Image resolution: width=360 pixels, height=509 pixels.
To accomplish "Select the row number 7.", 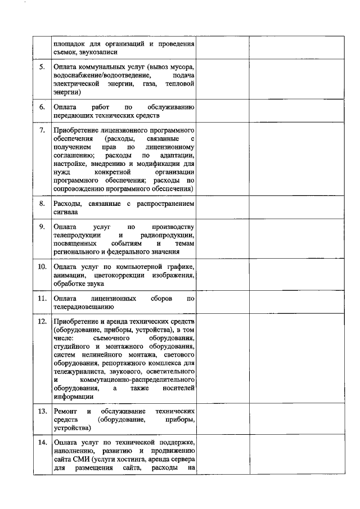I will [42, 130].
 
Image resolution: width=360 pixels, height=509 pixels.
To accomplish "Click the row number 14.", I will [42, 442].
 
